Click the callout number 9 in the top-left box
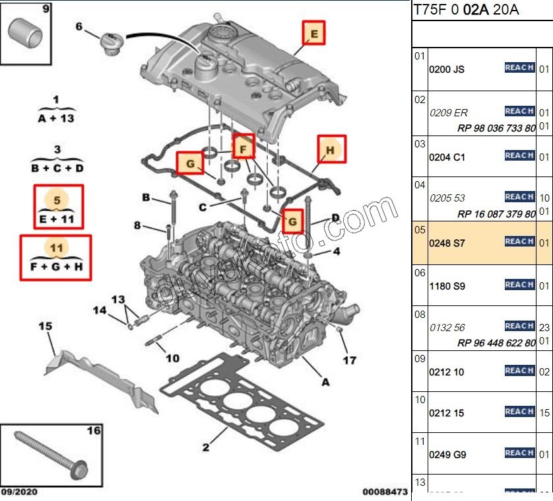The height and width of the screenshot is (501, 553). pyautogui.click(x=46, y=9)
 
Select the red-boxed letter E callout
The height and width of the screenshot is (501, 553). pyautogui.click(x=314, y=32)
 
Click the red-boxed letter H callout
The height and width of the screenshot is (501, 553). pyautogui.click(x=331, y=150)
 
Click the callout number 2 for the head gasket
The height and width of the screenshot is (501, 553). pyautogui.click(x=205, y=447)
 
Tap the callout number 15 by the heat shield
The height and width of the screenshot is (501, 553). pyautogui.click(x=45, y=326)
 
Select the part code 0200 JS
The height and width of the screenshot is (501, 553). pyautogui.click(x=447, y=69)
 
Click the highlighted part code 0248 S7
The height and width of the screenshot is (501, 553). pyautogui.click(x=447, y=243)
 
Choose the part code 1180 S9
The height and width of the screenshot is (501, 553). pyautogui.click(x=447, y=286)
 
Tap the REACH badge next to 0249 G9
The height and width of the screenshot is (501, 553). pyautogui.click(x=519, y=453)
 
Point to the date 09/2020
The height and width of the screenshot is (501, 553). pyautogui.click(x=20, y=492)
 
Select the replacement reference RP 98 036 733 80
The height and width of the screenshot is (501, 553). pyautogui.click(x=496, y=128)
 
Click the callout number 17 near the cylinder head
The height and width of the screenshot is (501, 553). pyautogui.click(x=349, y=360)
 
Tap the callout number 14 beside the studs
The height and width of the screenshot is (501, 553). pyautogui.click(x=99, y=310)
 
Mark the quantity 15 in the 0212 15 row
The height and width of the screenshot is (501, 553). pyautogui.click(x=544, y=412)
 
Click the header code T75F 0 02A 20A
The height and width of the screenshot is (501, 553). pyautogui.click(x=466, y=9)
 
